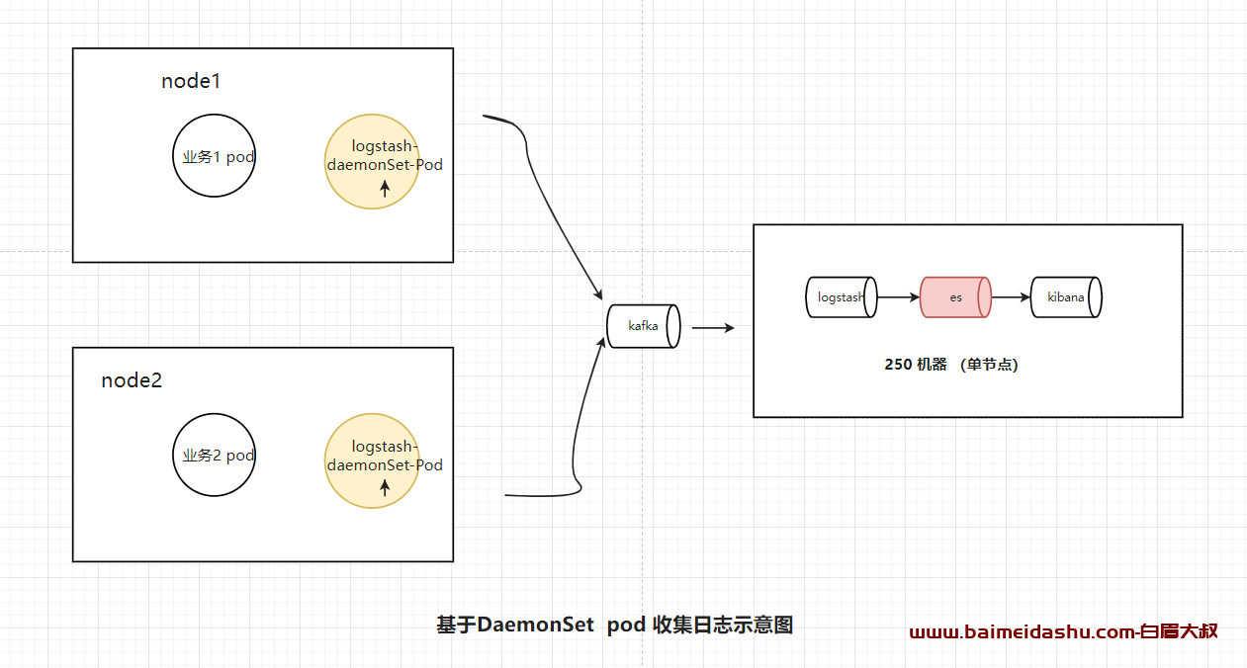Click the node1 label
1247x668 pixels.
click(x=191, y=81)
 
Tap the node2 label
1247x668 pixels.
click(x=132, y=380)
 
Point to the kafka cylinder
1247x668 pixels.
click(x=643, y=326)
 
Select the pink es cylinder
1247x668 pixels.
click(x=955, y=297)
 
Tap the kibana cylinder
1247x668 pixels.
click(x=1066, y=297)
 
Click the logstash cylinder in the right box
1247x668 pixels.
click(x=842, y=297)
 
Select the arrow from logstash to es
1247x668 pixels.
click(x=899, y=297)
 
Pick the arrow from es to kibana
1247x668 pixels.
click(x=1011, y=297)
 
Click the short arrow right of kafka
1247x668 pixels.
click(x=713, y=328)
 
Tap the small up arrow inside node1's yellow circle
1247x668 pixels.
click(x=385, y=189)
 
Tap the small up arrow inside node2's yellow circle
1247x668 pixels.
click(x=385, y=488)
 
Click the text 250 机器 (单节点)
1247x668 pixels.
click(x=951, y=365)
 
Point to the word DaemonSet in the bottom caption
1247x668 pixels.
click(x=536, y=625)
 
